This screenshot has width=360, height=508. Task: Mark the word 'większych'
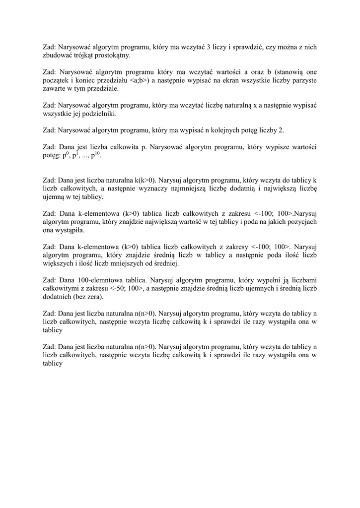(x=58, y=263)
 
